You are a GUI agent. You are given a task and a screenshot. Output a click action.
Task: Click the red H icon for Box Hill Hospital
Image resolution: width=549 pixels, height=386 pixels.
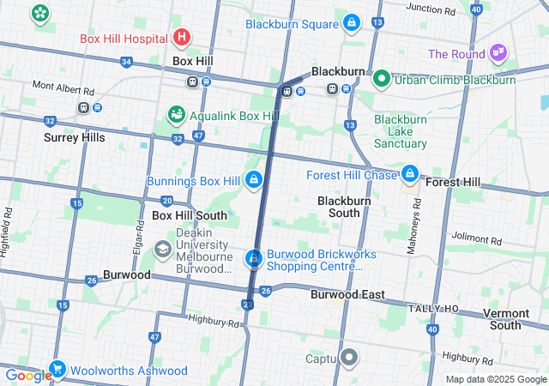(181, 37)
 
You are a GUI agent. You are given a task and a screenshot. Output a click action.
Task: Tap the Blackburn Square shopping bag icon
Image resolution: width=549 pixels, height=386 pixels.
(351, 23)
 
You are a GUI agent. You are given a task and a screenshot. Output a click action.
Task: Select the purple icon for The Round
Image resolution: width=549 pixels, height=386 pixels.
(498, 53)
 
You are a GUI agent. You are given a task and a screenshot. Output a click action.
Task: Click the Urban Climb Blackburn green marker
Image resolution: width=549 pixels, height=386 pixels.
(383, 79)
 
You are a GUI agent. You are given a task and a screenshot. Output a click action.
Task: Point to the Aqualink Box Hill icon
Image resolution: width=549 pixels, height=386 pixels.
(176, 114)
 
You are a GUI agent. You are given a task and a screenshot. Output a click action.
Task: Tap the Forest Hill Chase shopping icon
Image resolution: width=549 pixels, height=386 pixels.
(410, 175)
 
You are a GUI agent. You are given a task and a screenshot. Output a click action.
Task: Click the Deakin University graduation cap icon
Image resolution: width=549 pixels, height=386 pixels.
(162, 249)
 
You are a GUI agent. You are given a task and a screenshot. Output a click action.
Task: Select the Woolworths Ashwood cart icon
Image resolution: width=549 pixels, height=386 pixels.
(58, 370)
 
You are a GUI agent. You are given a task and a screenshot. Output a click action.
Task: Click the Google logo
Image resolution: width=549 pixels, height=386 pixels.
(28, 376)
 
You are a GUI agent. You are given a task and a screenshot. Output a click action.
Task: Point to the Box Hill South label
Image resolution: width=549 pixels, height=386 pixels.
(189, 215)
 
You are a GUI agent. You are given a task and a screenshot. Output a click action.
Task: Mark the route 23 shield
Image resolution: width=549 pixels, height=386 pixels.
(248, 305)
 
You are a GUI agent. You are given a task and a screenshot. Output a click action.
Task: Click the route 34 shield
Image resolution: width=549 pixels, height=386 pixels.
(127, 62)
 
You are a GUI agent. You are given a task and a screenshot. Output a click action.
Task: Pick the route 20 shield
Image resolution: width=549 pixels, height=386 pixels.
(166, 200)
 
